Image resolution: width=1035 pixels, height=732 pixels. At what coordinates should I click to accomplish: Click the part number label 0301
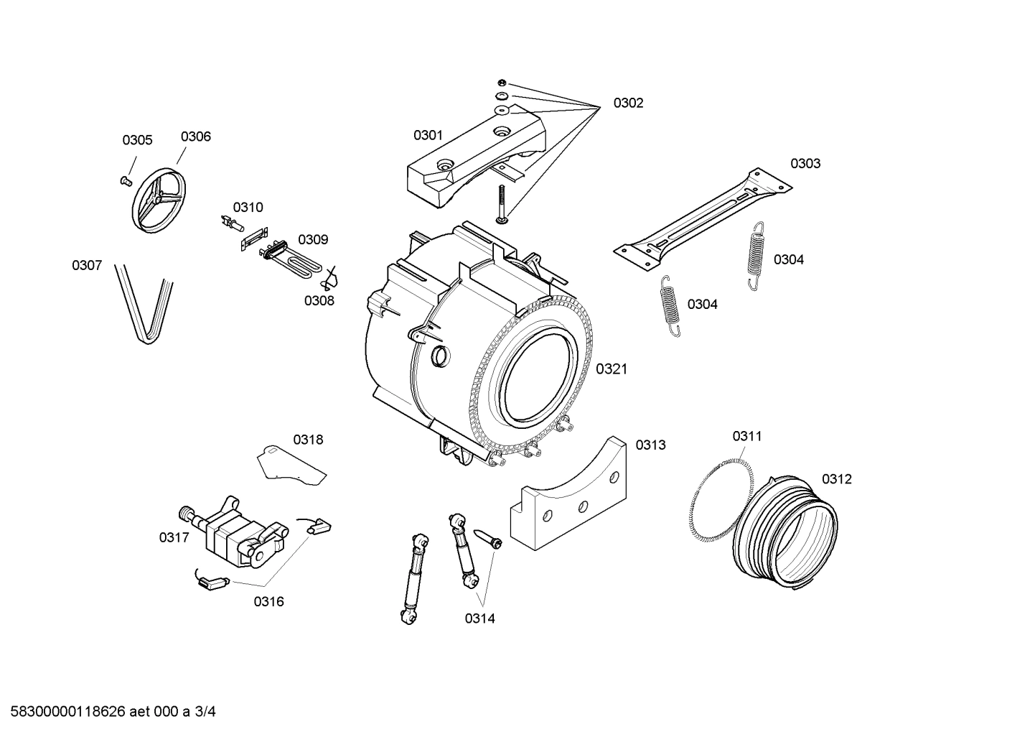point(428,135)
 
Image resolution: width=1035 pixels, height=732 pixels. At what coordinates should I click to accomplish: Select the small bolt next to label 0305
point(126,161)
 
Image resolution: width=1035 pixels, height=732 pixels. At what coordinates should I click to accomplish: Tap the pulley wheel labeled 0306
point(157,200)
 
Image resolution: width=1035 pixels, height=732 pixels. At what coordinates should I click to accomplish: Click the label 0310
point(248,208)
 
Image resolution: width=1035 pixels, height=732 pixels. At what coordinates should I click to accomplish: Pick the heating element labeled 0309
point(294,258)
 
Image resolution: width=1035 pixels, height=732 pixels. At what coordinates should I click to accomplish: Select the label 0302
point(628,103)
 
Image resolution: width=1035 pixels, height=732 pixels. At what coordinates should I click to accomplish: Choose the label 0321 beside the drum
point(612,369)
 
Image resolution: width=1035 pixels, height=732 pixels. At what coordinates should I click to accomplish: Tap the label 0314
point(479,619)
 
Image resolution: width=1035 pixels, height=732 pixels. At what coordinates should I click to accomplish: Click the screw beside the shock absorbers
point(487,538)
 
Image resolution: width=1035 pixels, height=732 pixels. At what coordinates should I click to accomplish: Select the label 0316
point(268,602)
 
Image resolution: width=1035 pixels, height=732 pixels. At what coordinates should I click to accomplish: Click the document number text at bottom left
point(109,712)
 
